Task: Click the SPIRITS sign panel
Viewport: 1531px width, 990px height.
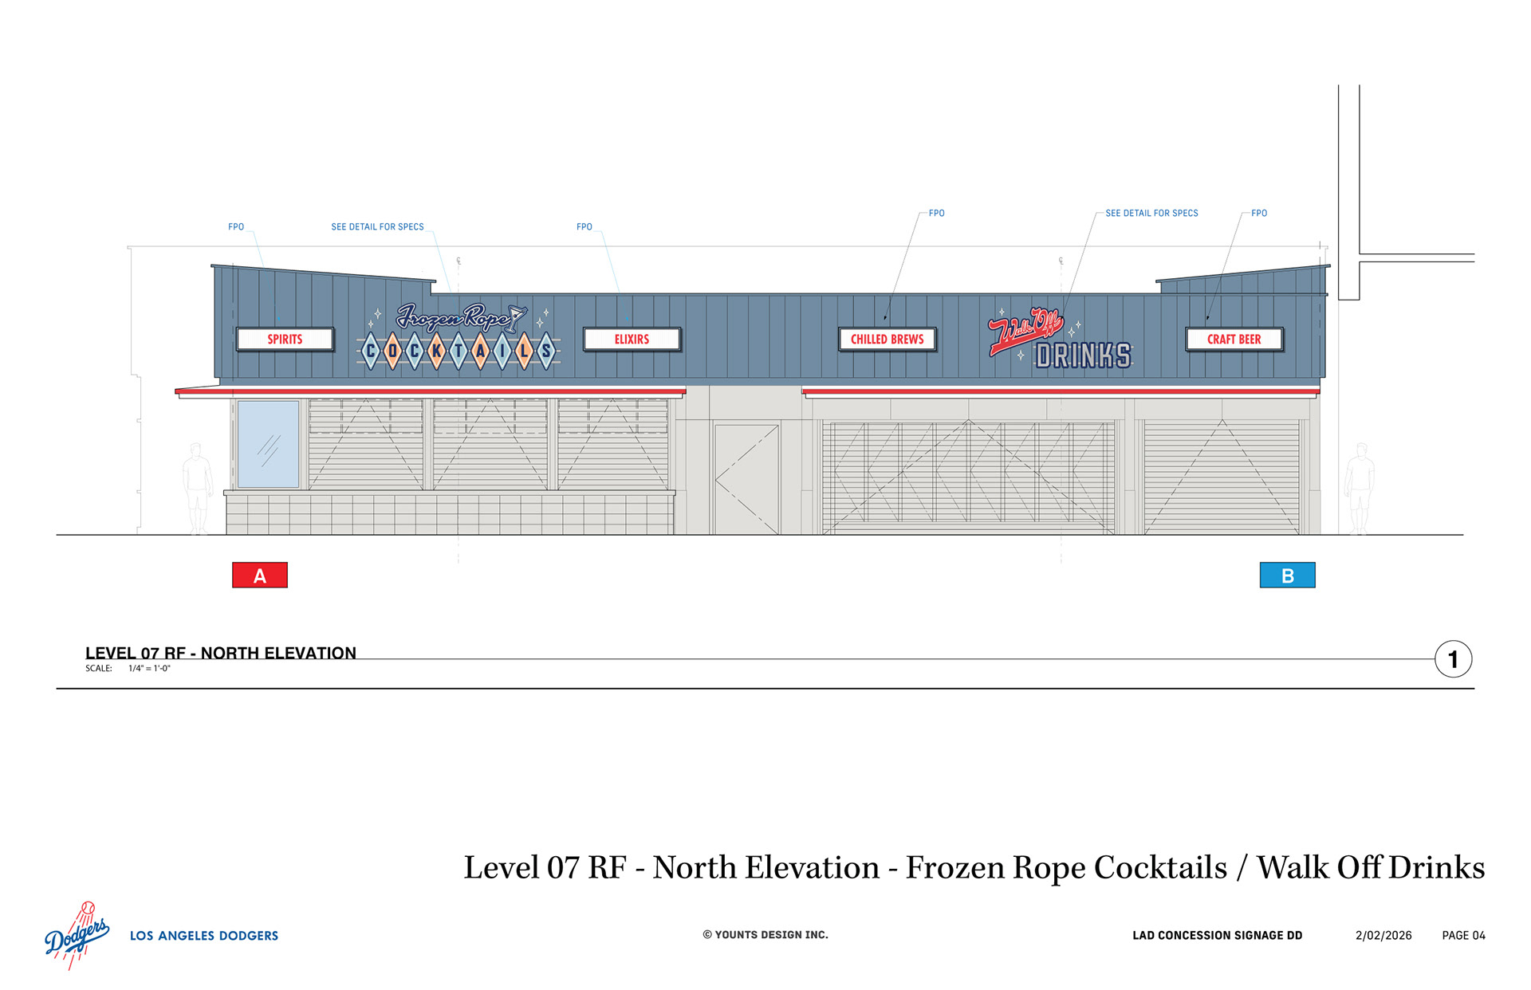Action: point(285,339)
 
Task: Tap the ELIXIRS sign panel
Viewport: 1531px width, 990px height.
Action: point(632,339)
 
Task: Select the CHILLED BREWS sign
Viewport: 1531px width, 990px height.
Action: point(887,339)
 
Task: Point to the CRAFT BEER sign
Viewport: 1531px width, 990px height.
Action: point(1234,339)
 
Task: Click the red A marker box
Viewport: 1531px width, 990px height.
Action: point(259,575)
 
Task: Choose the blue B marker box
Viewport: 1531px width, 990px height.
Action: point(1287,575)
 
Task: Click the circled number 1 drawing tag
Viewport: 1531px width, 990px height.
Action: point(1453,659)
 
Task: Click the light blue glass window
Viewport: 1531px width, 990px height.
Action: point(268,444)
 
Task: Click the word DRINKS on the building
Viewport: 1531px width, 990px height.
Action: point(1083,356)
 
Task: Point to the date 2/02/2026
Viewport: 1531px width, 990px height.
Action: point(1383,935)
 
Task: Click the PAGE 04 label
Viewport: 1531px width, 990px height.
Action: point(1463,935)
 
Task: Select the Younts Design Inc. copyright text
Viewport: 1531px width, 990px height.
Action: point(765,934)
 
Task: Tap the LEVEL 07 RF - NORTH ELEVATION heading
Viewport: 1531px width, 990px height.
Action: point(221,653)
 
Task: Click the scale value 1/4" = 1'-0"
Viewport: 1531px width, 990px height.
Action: point(149,668)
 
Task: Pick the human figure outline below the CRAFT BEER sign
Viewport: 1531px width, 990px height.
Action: point(1360,488)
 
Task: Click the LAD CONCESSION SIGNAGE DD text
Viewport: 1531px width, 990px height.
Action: point(1217,935)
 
